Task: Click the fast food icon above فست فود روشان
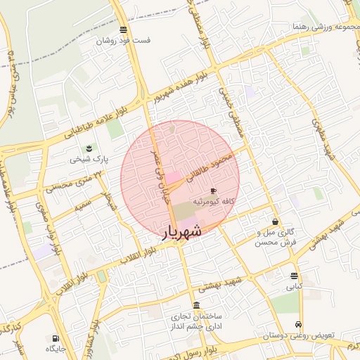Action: (124, 30)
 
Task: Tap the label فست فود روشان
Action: (125, 41)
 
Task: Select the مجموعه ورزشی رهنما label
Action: (323, 27)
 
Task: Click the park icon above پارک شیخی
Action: (89, 148)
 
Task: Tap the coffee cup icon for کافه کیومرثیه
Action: (213, 191)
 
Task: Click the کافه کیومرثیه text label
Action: (213, 202)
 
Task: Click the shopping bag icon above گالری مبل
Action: (274, 221)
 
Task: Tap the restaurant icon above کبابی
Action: (293, 276)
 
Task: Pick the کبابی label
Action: (293, 287)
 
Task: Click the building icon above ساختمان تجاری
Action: (195, 305)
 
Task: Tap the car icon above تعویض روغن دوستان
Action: (300, 325)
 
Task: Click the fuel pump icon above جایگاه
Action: (56, 338)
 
